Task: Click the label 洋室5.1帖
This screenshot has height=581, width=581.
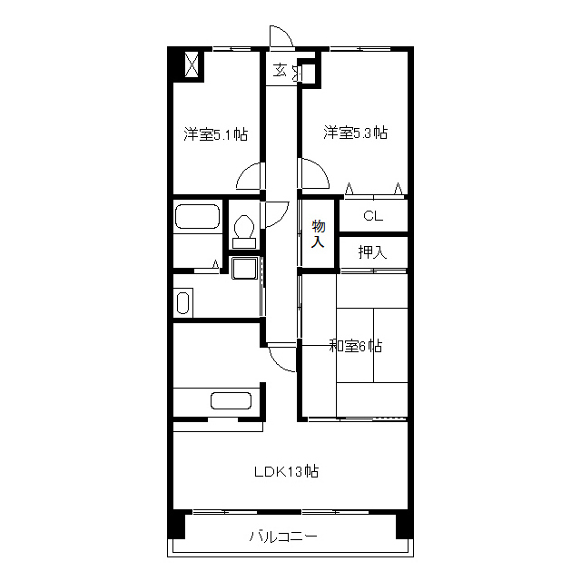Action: click(x=216, y=134)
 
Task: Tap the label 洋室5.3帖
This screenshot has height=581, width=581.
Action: click(x=356, y=133)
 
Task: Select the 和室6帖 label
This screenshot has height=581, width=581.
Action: click(x=356, y=346)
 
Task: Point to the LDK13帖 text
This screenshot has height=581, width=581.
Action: click(x=287, y=472)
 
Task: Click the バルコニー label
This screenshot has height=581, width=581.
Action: click(x=283, y=537)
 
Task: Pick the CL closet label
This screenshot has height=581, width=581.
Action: click(x=373, y=216)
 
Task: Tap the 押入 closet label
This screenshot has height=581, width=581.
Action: click(x=372, y=252)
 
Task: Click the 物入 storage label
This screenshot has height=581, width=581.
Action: click(x=319, y=233)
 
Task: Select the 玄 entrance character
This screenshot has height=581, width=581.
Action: click(x=280, y=70)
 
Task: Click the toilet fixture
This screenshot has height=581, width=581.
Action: click(x=244, y=231)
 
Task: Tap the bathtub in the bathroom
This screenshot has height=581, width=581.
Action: click(x=198, y=217)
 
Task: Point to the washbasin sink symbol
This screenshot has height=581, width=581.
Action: click(x=183, y=303)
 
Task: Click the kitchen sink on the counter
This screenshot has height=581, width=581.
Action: click(x=231, y=400)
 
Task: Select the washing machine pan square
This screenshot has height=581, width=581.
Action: click(x=244, y=268)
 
